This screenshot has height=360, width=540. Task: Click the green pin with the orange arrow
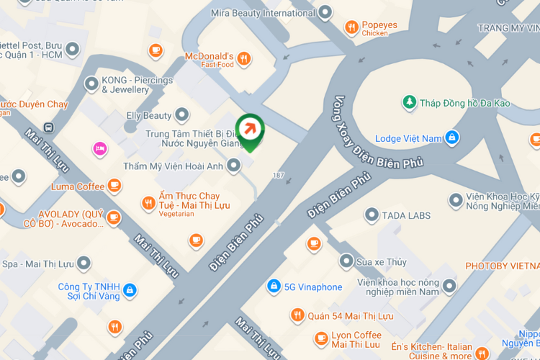[x=250, y=130]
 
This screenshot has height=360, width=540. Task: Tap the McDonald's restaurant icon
[x=244, y=59]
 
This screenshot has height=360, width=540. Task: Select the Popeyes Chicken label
[x=379, y=28]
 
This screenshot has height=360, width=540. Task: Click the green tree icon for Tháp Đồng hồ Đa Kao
[x=410, y=103]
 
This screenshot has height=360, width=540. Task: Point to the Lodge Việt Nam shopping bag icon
[x=451, y=138]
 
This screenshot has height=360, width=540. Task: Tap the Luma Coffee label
[x=78, y=186]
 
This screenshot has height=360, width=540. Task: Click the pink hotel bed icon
[x=100, y=149]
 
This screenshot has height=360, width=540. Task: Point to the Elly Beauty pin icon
[x=182, y=115]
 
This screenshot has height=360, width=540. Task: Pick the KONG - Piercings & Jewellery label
[x=137, y=85]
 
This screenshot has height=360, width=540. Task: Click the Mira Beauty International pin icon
[x=325, y=13]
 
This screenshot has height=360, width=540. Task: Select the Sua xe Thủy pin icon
[x=346, y=261]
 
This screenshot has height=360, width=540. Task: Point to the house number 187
[x=279, y=175]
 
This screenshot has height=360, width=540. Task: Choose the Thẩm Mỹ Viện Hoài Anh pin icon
[x=233, y=166]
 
